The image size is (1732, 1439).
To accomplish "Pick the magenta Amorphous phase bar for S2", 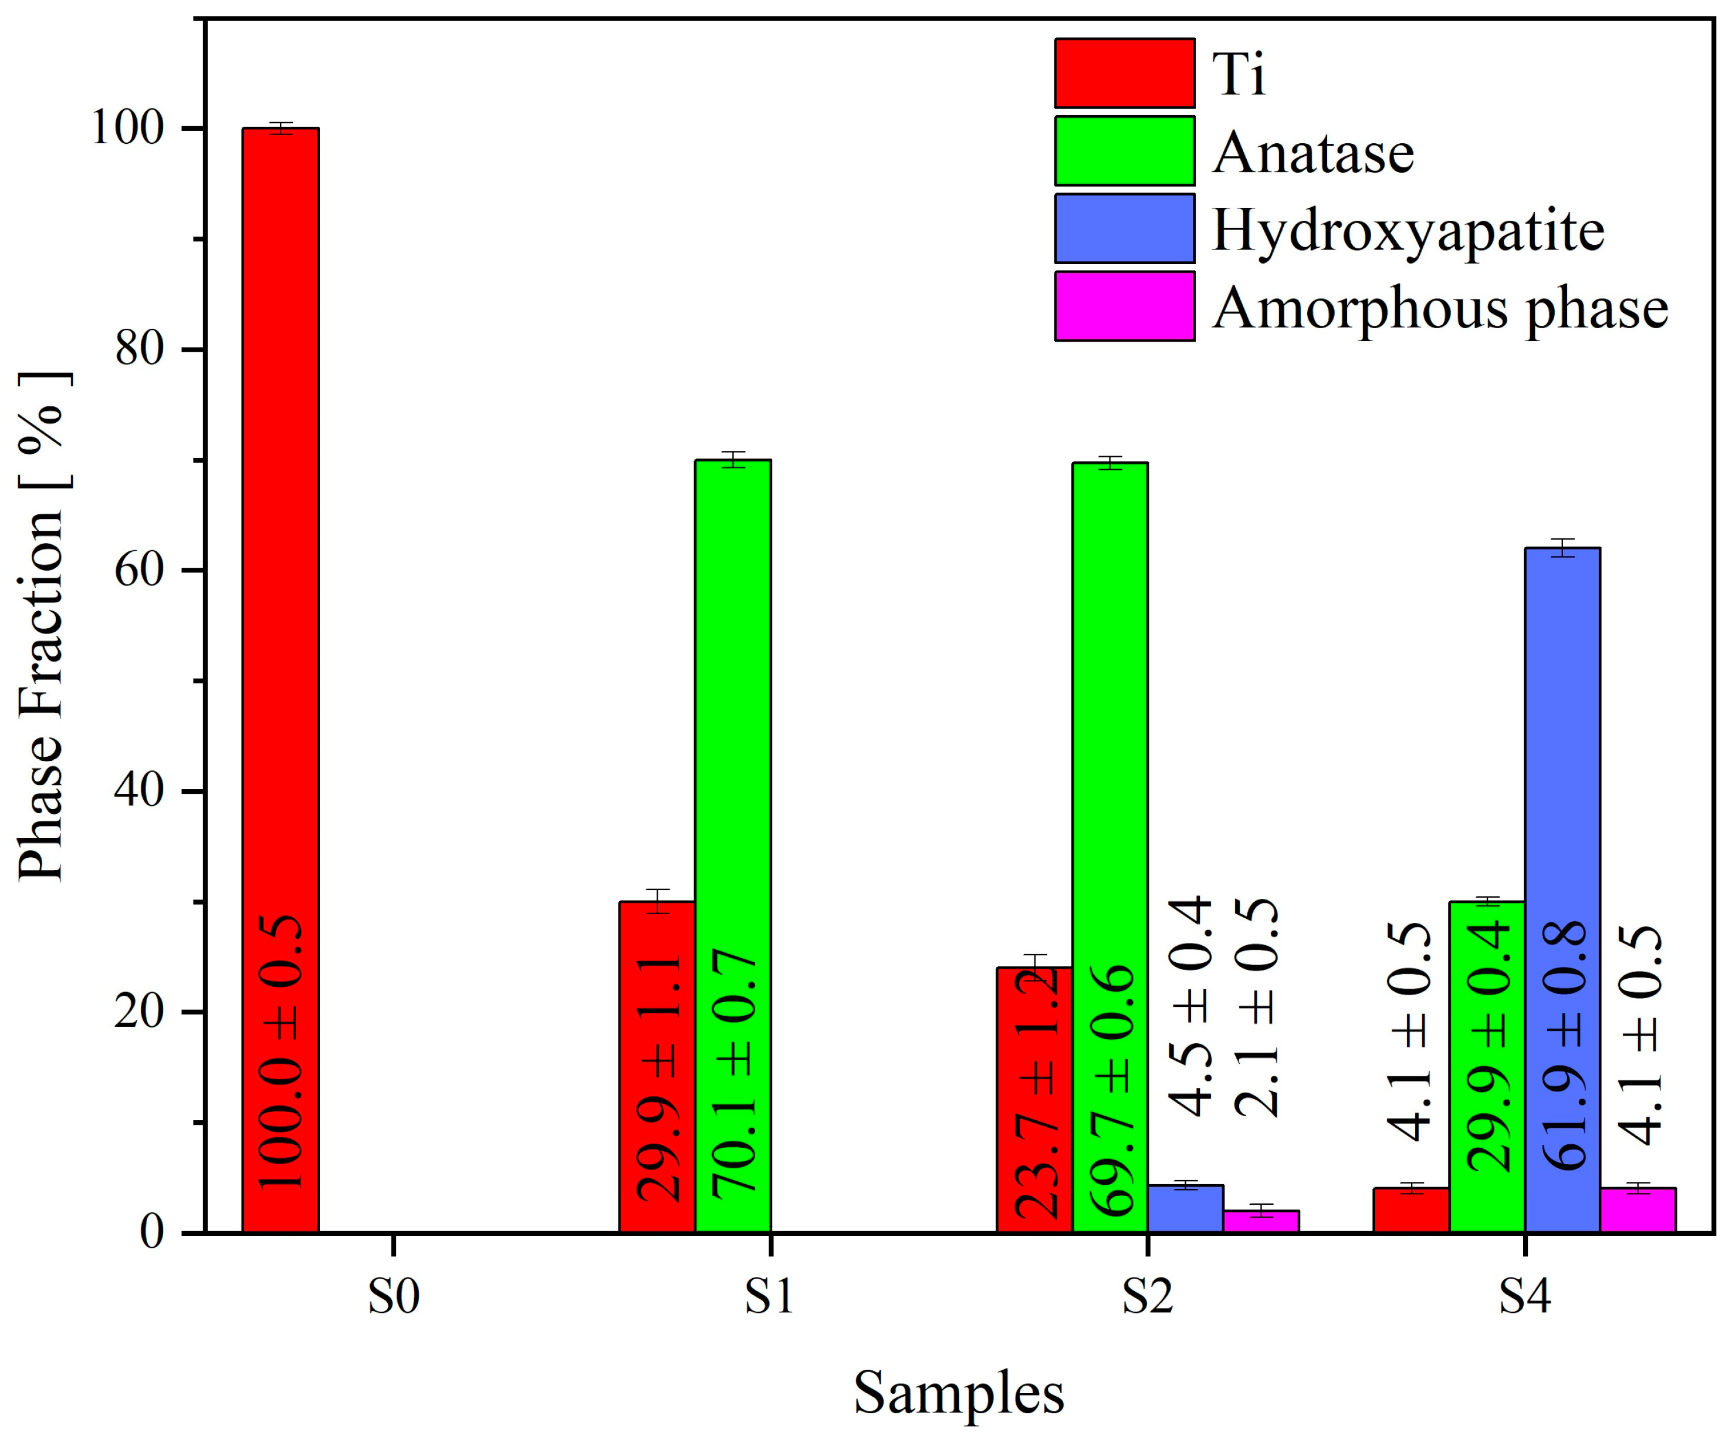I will pos(1261,1221).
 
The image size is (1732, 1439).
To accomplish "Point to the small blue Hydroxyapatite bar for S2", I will pos(1185,1209).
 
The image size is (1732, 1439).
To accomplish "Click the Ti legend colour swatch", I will pos(1124,73).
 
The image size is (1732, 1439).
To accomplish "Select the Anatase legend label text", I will pos(1313,153).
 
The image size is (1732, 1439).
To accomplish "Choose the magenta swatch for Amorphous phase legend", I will pos(1124,306).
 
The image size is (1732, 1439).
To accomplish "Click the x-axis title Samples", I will pos(958,1393).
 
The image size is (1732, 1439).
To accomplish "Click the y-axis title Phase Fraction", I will pos(41,627).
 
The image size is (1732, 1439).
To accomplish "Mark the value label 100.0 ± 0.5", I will pos(280,1052).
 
